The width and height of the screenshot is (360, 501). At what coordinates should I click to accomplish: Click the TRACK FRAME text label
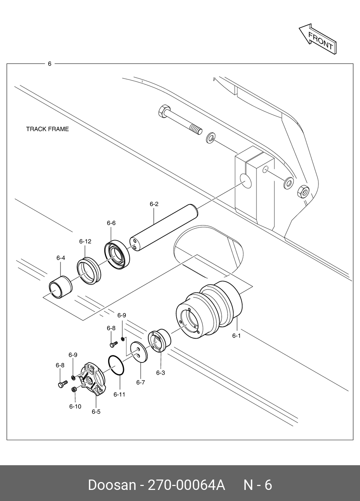pos(47,129)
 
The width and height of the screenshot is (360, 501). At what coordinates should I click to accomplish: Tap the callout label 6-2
pos(154,204)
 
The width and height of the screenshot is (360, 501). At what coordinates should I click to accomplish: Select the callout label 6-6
pos(111,223)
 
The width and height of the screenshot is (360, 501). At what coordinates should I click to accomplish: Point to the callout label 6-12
pos(85,241)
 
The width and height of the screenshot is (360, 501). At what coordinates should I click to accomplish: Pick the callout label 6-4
pos(61,258)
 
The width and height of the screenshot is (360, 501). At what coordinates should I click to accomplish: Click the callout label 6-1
pos(236,336)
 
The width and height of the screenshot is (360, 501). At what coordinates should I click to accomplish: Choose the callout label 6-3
pos(160,373)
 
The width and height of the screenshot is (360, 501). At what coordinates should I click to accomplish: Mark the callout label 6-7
pos(140,383)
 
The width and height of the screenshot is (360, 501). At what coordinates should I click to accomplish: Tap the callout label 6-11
pos(119,394)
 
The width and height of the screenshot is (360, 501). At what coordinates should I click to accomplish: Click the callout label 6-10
pos(75,407)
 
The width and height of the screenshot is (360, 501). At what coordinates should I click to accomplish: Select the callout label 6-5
pos(96,412)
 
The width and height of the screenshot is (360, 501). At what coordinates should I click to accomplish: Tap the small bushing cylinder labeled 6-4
pos(61,287)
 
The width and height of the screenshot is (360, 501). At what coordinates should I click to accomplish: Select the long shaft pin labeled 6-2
pos(164,228)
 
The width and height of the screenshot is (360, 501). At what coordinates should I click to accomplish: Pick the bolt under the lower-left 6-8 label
pos(63,384)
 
